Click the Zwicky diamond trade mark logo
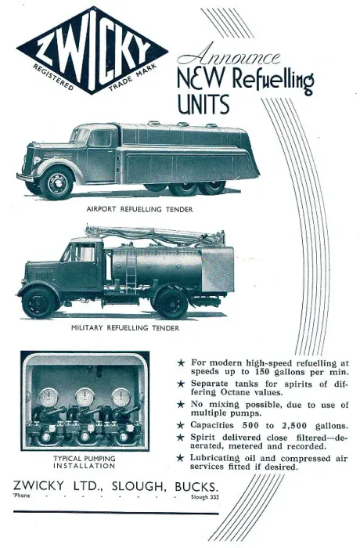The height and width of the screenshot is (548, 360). coord(92,50)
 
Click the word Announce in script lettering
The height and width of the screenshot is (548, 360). coord(229,56)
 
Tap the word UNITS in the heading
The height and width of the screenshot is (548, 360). coord(203,104)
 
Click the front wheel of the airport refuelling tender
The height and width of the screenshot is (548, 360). coord(56,183)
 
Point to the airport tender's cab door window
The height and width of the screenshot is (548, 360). coord(99,138)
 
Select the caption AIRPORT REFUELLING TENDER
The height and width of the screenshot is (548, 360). coord(139,209)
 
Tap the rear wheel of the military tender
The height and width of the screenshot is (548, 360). coord(171,303)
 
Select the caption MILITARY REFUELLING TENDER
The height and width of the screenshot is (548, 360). coord(125,328)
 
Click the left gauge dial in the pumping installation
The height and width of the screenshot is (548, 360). coord(49,398)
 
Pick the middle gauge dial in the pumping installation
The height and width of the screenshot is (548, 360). coord(85,397)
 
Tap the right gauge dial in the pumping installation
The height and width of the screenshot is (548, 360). coord(121,398)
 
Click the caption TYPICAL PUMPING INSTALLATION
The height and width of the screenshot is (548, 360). coord(85,462)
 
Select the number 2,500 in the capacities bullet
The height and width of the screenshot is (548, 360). coord(294,426)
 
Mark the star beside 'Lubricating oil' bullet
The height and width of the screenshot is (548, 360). coord(180,458)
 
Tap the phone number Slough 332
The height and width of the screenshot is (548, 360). coord(205,497)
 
